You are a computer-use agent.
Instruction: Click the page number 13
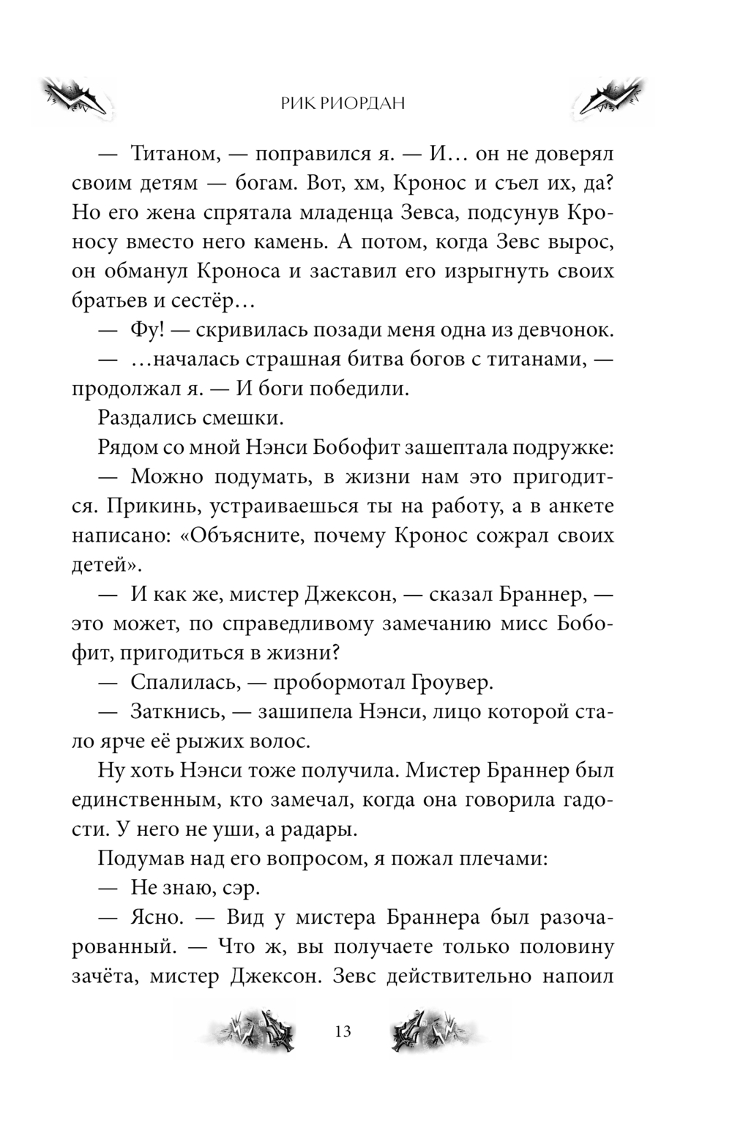click(343, 1031)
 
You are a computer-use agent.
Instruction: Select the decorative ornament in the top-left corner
click(77, 97)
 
